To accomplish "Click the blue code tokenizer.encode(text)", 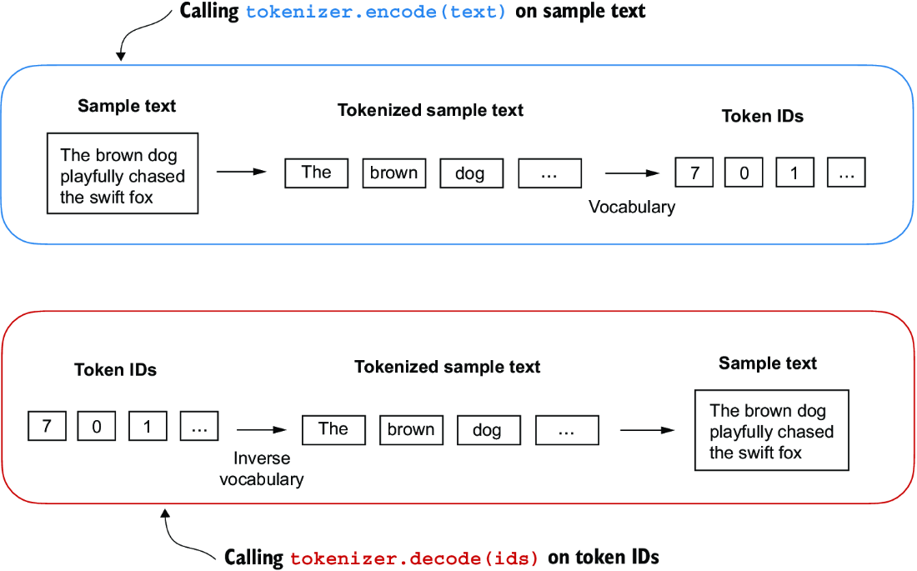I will pos(376,13).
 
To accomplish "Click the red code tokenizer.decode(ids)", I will pos(415,558).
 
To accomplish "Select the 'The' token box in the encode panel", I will pos(317,173).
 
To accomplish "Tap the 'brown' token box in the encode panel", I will pos(394,173).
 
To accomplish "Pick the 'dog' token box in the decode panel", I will pos(488,430).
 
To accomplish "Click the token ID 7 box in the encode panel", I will pos(695,173).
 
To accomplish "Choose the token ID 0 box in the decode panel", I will pos(97,427).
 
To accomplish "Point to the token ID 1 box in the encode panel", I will pos(794,173).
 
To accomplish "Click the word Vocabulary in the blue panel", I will pos(632,207).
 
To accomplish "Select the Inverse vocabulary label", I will pos(262,468).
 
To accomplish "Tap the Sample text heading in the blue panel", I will pos(127,106).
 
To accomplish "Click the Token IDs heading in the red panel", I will pos(115,369).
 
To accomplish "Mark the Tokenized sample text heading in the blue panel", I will pos(430,110).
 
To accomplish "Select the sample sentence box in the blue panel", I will pos(123,173).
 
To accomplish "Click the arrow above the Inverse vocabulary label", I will pos(261,430).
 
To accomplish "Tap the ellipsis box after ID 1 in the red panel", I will pos(199,427).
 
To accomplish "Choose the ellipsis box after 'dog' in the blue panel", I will pos(549,173).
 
